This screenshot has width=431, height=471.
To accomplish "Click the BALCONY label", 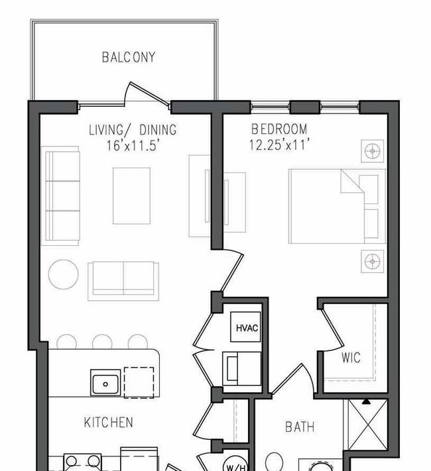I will click(129, 58).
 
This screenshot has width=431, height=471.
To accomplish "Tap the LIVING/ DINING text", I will click(133, 131).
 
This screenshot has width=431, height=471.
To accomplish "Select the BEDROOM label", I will click(279, 129).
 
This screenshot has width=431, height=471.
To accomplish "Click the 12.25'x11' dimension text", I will click(280, 144).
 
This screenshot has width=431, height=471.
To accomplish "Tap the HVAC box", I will click(244, 327).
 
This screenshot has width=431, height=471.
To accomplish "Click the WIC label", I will click(351, 358).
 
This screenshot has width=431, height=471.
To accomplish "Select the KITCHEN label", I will click(108, 422).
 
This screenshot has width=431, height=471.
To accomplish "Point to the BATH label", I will click(299, 427).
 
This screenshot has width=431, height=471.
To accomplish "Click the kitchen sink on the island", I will click(105, 383).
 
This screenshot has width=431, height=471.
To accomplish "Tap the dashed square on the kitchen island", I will click(139, 382).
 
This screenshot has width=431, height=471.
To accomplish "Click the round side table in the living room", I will click(63, 273).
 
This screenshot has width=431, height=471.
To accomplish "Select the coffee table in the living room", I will click(131, 195).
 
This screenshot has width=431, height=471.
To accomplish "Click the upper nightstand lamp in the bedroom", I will click(373, 151).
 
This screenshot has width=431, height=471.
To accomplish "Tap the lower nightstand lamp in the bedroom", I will click(373, 261).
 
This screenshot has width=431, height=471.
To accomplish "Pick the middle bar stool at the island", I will click(102, 342).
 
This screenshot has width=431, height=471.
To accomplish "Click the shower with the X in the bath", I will click(364, 424).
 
